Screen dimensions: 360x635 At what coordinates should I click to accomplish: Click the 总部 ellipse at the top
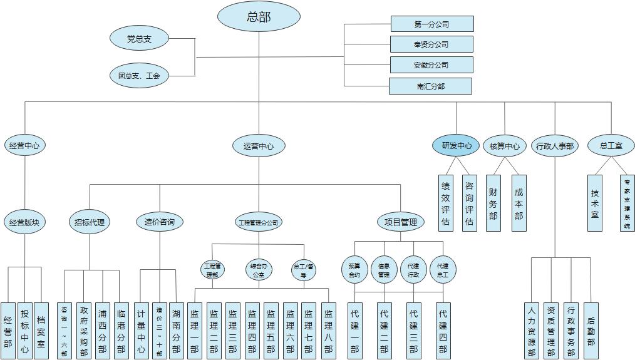point(259,17)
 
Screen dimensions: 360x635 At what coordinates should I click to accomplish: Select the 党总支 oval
point(139,39)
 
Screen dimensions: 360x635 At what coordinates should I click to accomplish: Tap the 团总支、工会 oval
point(139,76)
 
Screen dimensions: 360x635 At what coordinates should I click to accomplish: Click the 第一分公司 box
point(431,24)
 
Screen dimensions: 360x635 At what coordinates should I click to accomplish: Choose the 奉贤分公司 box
point(431,44)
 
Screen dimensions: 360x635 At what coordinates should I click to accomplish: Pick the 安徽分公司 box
point(431,64)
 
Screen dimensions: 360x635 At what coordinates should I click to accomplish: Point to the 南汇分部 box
point(430,86)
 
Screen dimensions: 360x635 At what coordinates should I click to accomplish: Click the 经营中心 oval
point(25,146)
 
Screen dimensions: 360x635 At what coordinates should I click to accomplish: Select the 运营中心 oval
point(259,147)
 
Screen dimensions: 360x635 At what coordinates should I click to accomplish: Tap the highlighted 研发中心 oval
point(457,146)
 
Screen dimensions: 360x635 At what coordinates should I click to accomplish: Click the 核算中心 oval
point(505,146)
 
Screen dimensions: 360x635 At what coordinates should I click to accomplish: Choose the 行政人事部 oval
point(555,146)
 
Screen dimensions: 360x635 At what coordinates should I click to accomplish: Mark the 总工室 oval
point(611,146)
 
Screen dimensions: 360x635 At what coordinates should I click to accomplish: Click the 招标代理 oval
point(89,221)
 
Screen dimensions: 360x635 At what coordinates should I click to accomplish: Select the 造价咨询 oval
point(159,221)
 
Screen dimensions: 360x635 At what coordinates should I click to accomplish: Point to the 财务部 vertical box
point(493,203)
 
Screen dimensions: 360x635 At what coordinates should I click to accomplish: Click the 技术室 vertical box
point(595,203)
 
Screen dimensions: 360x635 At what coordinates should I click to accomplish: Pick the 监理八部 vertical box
point(329,330)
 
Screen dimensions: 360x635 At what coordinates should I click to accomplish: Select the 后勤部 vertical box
point(591,330)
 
